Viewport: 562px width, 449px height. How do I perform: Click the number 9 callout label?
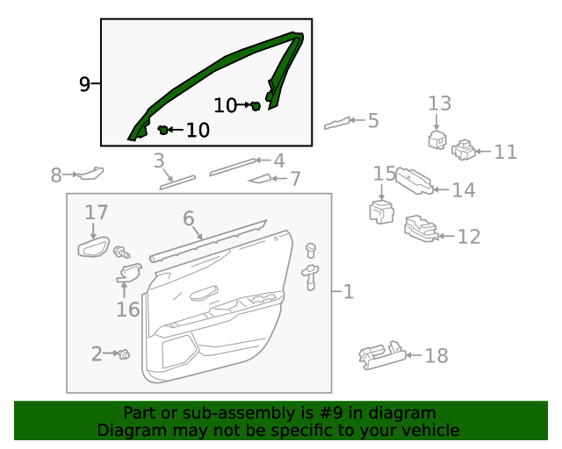pos(84,84)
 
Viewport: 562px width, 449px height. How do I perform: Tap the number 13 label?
pos(439,103)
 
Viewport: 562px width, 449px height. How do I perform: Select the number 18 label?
pos(436,355)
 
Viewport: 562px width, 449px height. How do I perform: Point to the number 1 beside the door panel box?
pos(348,291)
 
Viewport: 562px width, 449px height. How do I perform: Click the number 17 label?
pos(97,212)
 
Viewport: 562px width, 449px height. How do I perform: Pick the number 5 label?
pos(373,120)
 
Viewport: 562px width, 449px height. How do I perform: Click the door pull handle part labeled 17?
pos(94,247)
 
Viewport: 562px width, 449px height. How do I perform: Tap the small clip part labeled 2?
pos(124,354)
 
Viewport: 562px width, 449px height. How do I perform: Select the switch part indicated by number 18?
pos(381,354)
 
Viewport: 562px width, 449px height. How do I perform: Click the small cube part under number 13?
pos(436,140)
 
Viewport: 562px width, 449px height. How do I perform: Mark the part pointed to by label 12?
pos(419,230)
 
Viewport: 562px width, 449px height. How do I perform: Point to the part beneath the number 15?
pos(381,212)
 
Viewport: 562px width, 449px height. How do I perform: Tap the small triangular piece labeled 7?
pos(261,179)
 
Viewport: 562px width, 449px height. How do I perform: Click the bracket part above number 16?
pos(129,273)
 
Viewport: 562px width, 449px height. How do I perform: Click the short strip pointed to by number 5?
pos(342,122)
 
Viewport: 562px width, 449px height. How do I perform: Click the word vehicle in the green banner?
pos(429,430)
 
